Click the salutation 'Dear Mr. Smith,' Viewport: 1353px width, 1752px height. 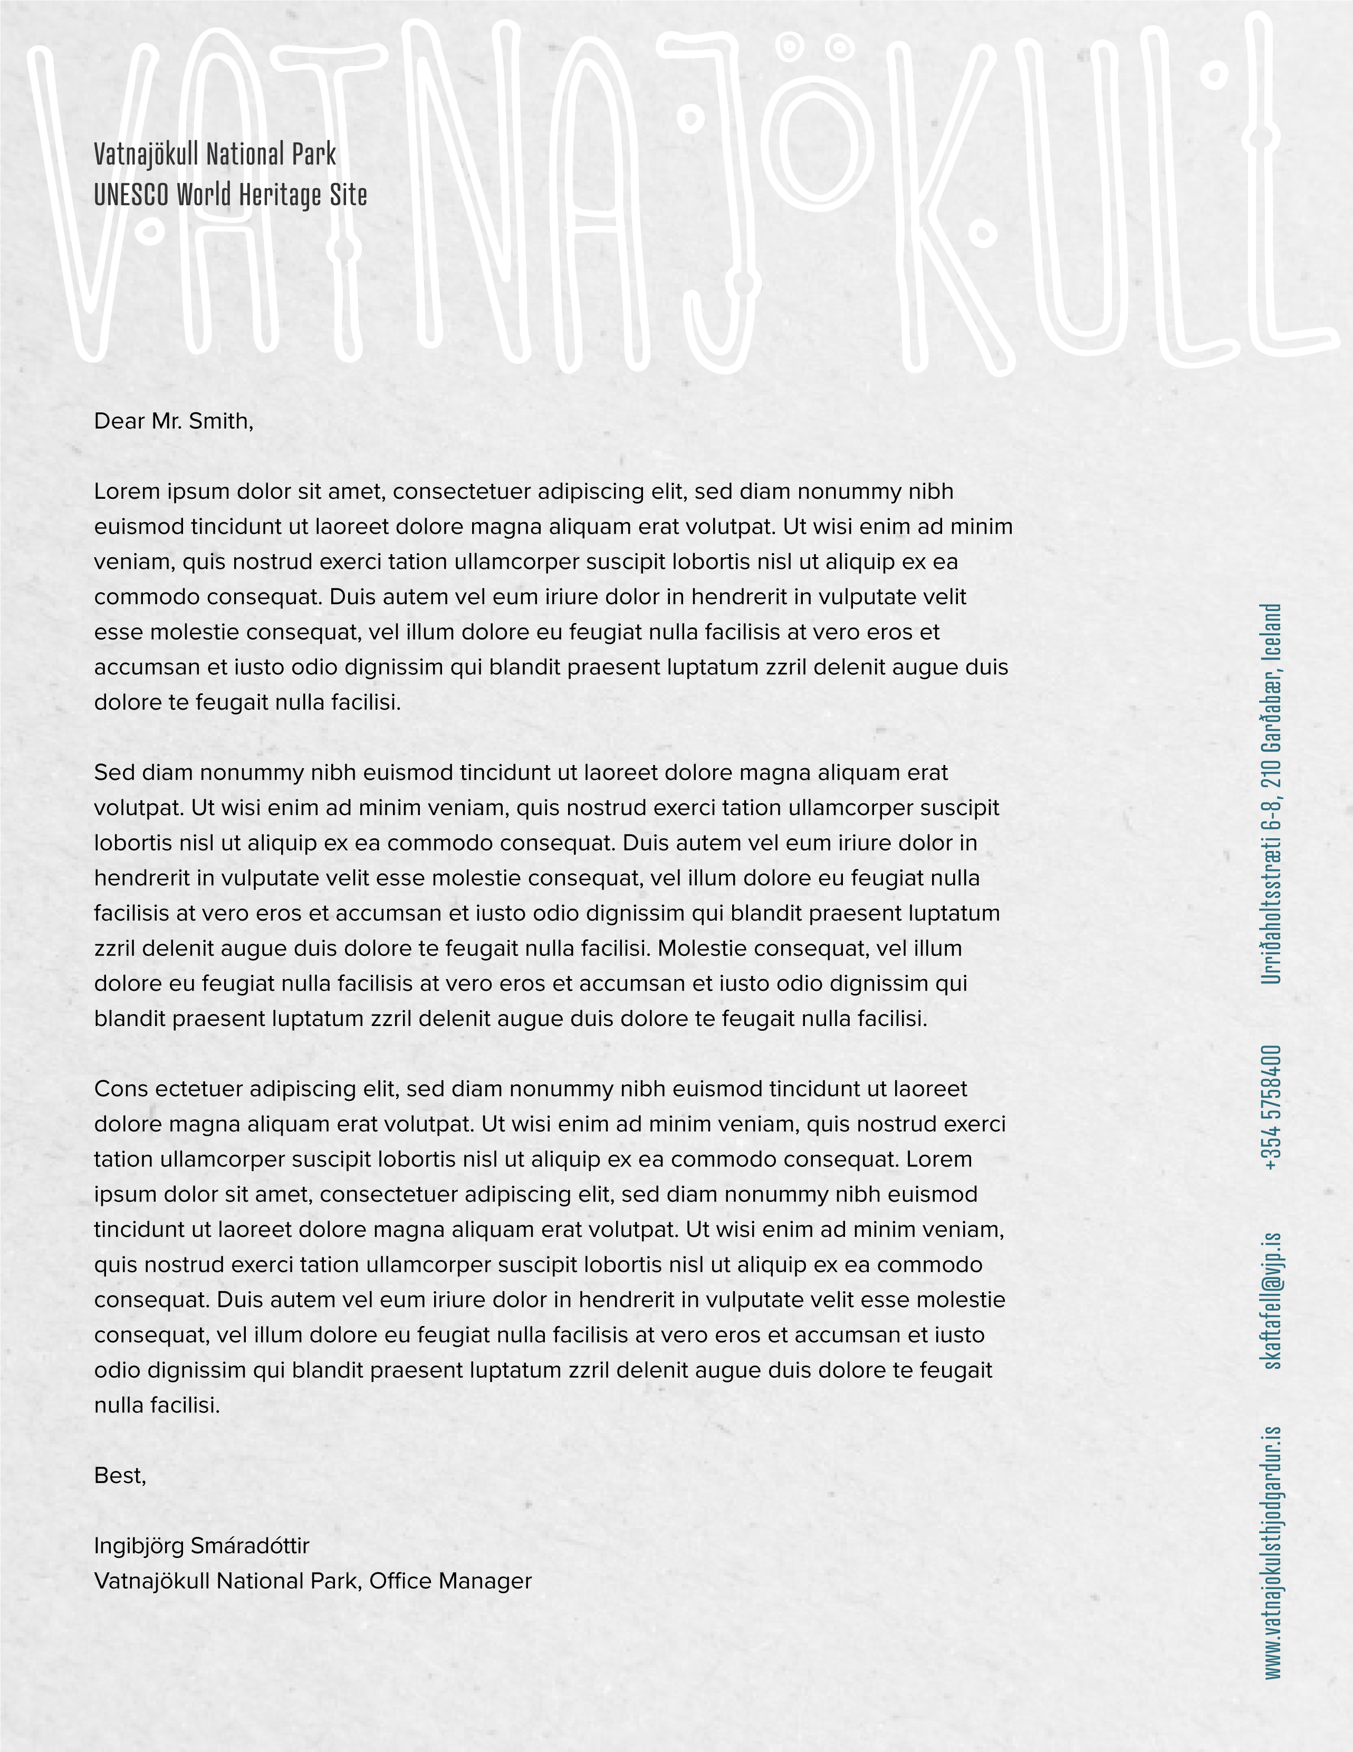174,421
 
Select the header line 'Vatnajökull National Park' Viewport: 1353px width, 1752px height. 215,154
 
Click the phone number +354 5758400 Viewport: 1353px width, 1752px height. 1272,1107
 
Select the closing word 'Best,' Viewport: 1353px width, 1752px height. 120,1476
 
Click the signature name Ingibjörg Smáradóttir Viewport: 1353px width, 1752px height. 201,1546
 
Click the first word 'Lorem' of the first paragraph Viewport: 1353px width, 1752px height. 126,492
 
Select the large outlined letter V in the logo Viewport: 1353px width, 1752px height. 88,200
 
